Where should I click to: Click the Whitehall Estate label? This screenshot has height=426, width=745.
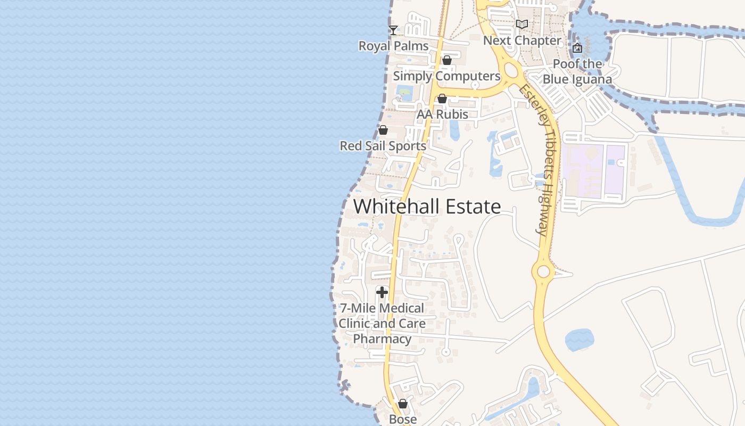pos(427,207)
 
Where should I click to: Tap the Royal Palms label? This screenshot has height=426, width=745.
pos(393,46)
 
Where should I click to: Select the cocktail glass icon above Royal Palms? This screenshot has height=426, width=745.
pos(393,30)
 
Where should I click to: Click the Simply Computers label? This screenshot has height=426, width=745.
pos(446,76)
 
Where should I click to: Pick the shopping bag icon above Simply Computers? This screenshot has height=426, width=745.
pos(447,60)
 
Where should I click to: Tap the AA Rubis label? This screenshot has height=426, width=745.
pos(442,114)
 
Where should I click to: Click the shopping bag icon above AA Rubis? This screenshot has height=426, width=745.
pos(442,99)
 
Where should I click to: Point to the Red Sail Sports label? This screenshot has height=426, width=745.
pos(383,146)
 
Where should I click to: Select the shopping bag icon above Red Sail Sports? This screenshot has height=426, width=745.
pos(383,130)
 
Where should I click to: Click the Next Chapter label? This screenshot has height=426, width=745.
pos(522,40)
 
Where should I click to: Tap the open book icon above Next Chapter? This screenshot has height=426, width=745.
pos(522,24)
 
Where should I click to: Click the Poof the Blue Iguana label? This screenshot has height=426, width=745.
pos(577,71)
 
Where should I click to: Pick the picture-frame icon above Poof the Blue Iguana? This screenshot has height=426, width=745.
pos(577,48)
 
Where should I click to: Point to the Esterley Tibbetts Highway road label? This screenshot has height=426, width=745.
pos(538,159)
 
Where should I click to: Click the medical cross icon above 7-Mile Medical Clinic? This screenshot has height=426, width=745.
pos(382,292)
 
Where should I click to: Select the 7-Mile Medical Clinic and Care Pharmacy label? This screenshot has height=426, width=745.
pos(382,323)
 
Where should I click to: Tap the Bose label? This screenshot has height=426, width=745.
pos(403,419)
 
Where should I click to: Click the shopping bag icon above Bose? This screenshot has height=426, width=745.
pos(403,404)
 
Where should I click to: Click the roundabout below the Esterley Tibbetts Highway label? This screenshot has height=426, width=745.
pos(543,272)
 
